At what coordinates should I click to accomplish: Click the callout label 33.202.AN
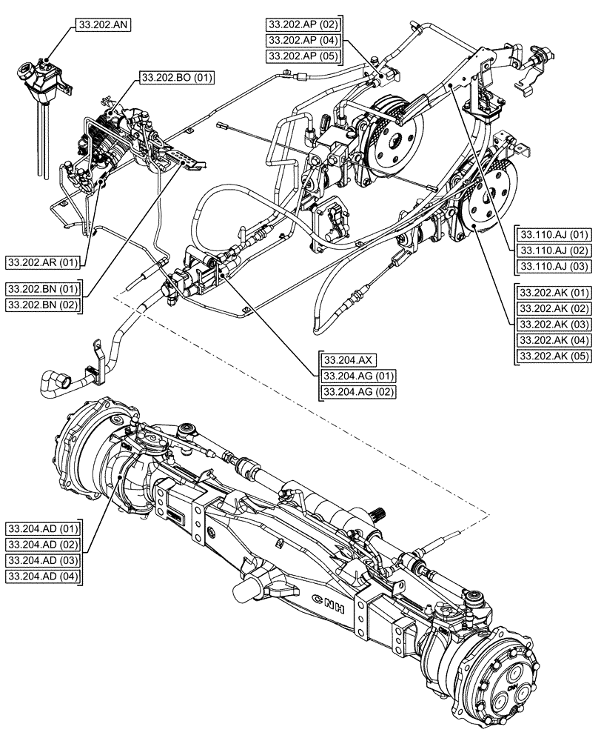104,24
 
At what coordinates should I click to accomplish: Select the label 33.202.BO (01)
175,76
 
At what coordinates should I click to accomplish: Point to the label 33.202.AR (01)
44,262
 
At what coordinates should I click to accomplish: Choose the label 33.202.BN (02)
44,304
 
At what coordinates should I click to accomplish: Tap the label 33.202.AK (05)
553,356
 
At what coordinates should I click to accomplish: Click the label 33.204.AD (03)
44,560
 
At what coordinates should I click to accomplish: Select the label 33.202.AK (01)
553,291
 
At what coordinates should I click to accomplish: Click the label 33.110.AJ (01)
553,233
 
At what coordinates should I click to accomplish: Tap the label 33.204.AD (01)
44,528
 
